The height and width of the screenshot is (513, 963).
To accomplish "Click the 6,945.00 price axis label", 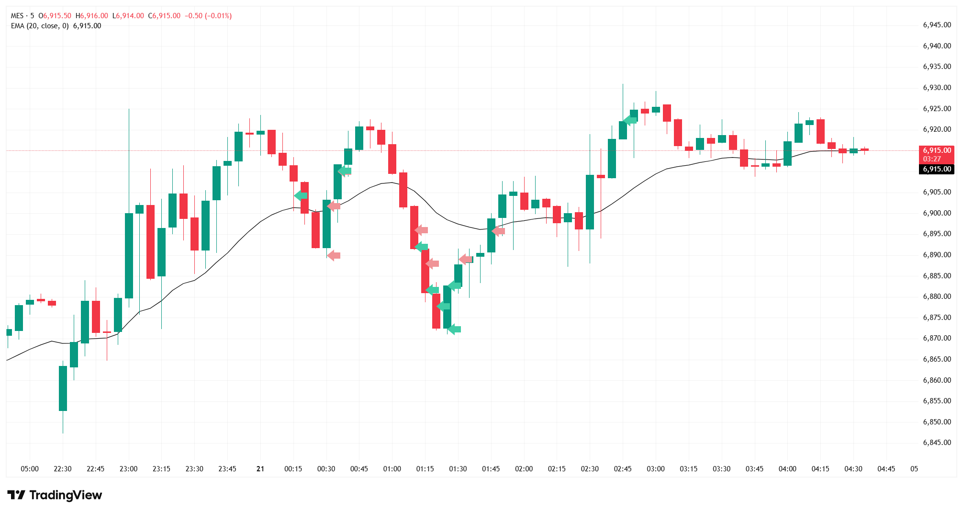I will point(937,25).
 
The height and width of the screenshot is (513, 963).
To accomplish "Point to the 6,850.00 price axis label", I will point(937,422).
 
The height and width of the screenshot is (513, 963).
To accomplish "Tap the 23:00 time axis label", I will point(128,468).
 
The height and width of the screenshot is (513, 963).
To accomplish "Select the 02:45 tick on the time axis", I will point(623,468).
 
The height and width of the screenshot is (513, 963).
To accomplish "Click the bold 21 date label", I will point(260,468).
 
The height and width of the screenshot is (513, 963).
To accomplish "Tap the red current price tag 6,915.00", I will point(937,150).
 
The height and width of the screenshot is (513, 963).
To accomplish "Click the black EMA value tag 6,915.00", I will point(937,169).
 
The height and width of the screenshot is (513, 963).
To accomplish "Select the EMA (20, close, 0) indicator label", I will point(40,26).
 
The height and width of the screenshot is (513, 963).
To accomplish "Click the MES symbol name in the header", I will point(17,16).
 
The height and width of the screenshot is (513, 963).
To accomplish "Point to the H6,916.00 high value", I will point(92,16).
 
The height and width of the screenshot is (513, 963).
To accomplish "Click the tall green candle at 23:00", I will point(129,255).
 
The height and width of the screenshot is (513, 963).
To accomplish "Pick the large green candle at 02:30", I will point(590,202).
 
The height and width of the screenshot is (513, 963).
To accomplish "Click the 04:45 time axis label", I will point(886,468).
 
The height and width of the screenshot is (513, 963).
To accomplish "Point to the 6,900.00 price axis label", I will point(937,213).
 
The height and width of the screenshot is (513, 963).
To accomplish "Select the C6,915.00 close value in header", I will point(164,16).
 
